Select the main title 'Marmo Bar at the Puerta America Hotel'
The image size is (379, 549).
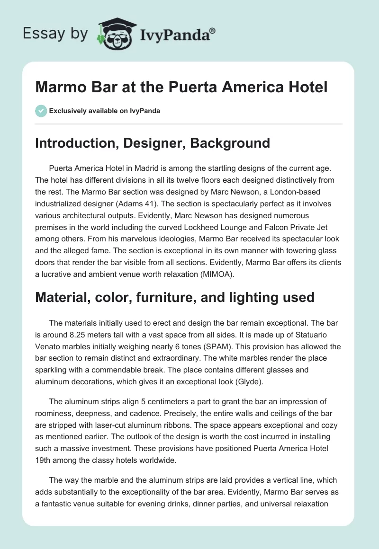point(181,89)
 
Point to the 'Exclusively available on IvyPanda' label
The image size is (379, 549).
point(104,111)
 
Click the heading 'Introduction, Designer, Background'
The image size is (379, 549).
point(153,143)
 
